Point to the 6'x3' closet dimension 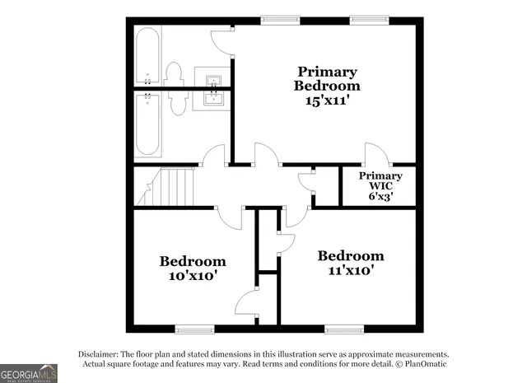(x=380, y=197)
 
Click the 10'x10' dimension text (x=194, y=277)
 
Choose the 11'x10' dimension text (x=351, y=270)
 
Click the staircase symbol (x=175, y=186)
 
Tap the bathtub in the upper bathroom (x=148, y=55)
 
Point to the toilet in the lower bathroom (x=177, y=103)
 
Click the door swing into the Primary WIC (x=375, y=154)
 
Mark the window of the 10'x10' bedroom (x=194, y=329)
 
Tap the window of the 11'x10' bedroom (x=343, y=329)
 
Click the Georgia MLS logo (x=29, y=372)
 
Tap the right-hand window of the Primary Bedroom (x=367, y=19)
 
